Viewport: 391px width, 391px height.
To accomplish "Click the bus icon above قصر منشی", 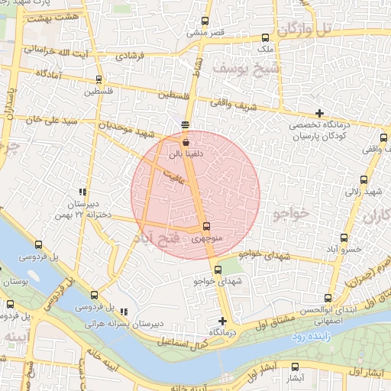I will pos(204,21).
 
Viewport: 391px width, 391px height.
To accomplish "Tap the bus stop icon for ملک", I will pos(266,37).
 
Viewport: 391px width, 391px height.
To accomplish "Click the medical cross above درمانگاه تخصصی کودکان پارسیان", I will pos(319,113).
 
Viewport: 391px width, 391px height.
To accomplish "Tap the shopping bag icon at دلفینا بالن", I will pos(186,142).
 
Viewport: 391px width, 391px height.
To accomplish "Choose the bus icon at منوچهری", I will pos(207,226).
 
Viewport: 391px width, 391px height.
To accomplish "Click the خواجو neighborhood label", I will pos(292,215).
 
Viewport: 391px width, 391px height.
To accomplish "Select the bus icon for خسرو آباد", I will pos(344,238).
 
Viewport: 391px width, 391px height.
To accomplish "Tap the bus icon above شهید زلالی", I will pos(363,181).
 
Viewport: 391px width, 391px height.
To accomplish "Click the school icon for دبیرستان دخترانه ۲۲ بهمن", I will pos(82,192).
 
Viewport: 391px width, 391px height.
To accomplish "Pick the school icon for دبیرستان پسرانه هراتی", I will pos(124,311).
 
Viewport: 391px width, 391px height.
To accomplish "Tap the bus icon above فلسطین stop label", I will pos(99,79).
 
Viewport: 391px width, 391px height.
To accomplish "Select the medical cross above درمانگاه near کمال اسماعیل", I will pos(222,321).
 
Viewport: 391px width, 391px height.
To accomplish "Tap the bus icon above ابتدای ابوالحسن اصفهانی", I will pos(328,298).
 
